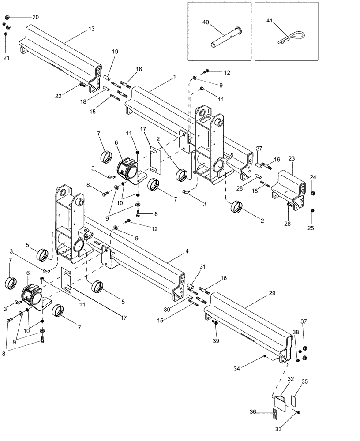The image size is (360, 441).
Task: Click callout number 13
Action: [x=91, y=29]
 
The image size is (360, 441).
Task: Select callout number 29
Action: [x=272, y=292]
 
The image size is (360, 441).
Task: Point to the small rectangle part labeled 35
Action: [x=293, y=400]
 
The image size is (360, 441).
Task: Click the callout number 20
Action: [x=35, y=17]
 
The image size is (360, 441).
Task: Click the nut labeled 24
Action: [x=313, y=193]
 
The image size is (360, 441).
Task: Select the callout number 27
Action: [x=259, y=148]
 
